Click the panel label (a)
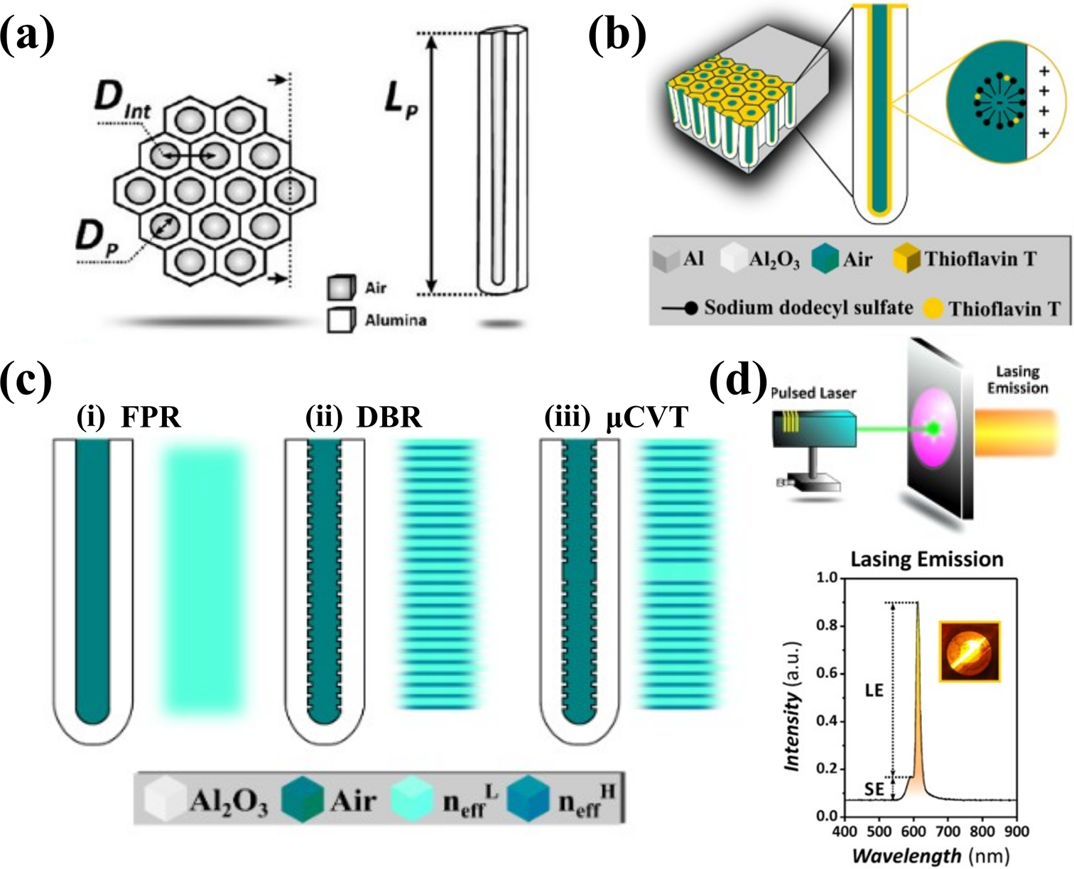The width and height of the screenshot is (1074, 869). pos(27,35)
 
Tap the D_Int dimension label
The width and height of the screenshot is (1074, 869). pos(123,103)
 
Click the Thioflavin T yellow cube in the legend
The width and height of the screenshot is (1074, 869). pos(906,259)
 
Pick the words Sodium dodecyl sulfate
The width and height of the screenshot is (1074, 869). pos(808,307)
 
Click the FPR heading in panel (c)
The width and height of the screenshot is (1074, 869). pos(151,418)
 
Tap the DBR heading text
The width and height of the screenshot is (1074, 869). pos(389,418)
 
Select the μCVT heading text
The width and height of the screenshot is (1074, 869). pos(647,418)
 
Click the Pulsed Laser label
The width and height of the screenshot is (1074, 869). pos(813,393)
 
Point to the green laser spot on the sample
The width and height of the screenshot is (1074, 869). pos(934,428)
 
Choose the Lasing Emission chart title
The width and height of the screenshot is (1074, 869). pos(927,559)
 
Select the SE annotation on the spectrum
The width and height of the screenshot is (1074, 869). pos(874,789)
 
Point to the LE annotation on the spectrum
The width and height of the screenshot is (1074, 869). pos(874,690)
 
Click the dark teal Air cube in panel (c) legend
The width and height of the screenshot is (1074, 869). pos(302,799)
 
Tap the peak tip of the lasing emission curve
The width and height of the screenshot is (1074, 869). pos(917,602)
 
